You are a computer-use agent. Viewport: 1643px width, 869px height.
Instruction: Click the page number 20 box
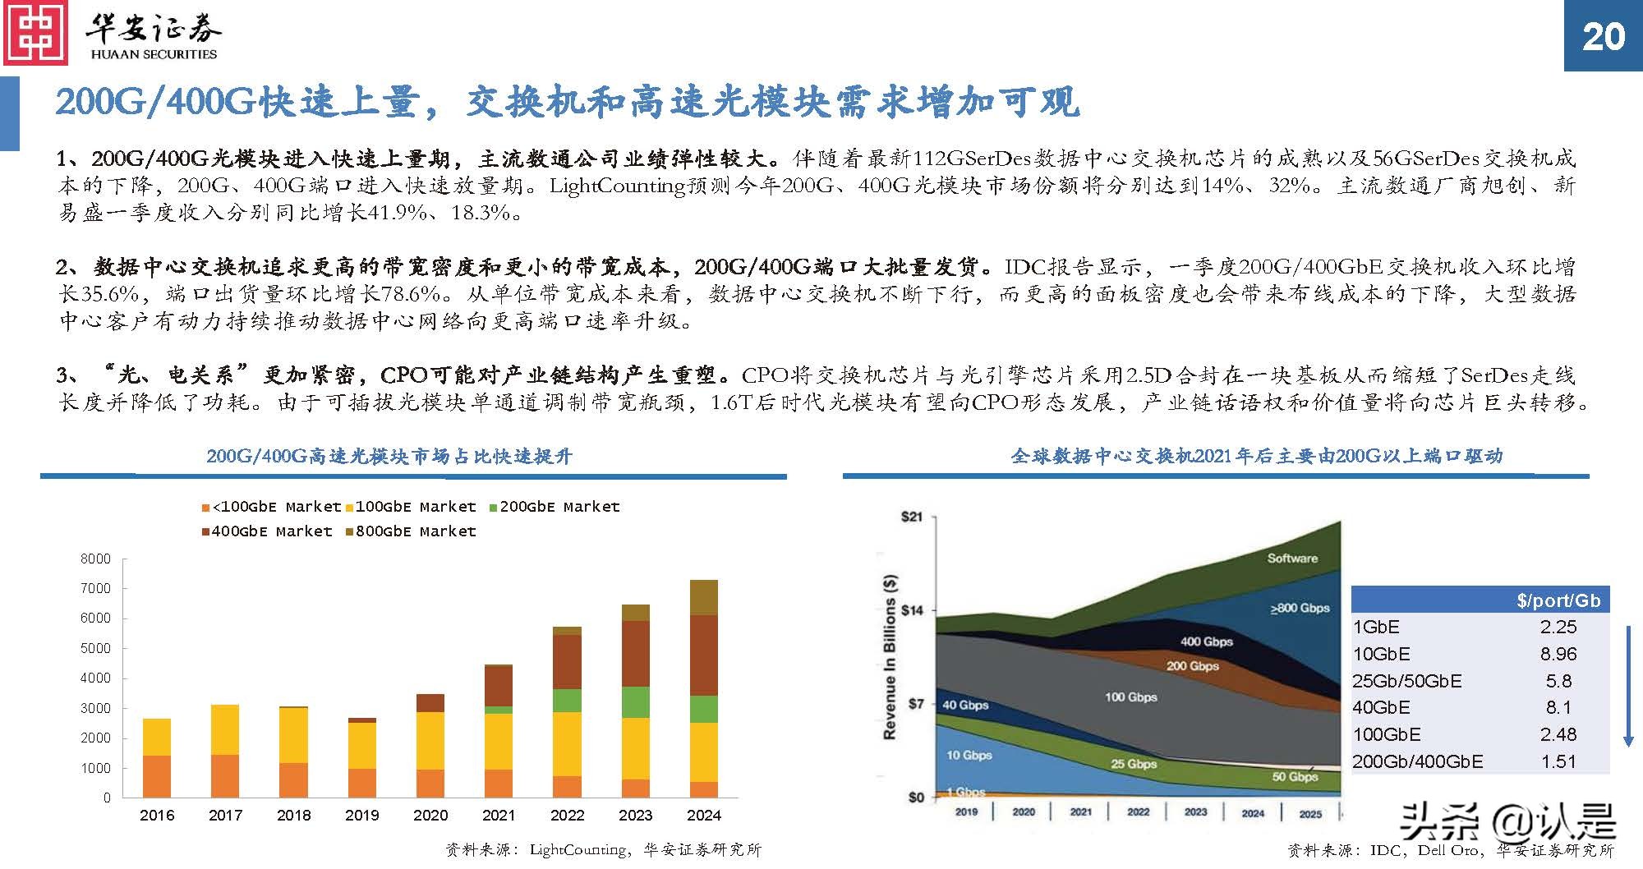pyautogui.click(x=1603, y=36)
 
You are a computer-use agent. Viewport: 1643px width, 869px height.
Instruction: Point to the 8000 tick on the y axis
pyautogui.click(x=95, y=559)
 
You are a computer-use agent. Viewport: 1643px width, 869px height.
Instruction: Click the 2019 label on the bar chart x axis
pyautogui.click(x=361, y=815)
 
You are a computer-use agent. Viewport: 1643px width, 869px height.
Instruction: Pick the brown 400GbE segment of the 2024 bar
pyautogui.click(x=703, y=655)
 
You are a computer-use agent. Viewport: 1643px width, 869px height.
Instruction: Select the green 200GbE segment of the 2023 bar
pyautogui.click(x=635, y=701)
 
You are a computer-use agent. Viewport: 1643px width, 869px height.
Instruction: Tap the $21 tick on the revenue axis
pyautogui.click(x=911, y=517)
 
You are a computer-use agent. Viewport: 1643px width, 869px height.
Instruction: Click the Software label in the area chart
pyautogui.click(x=1291, y=559)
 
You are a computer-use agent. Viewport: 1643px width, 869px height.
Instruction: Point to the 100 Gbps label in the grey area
pyautogui.click(x=1130, y=697)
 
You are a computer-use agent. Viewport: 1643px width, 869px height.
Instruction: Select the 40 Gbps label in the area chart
pyautogui.click(x=964, y=705)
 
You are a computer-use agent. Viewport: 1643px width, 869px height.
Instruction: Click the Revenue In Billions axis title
pyautogui.click(x=890, y=657)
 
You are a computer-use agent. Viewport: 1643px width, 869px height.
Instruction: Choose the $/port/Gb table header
pyautogui.click(x=1558, y=600)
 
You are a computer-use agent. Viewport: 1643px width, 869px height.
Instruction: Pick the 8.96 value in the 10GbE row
pyautogui.click(x=1558, y=654)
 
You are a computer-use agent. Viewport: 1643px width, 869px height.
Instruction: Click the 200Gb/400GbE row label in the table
pyautogui.click(x=1417, y=761)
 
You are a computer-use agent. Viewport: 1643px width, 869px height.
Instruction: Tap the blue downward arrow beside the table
pyautogui.click(x=1628, y=686)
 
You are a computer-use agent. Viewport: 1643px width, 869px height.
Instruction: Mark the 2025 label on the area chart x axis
pyautogui.click(x=1310, y=813)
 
